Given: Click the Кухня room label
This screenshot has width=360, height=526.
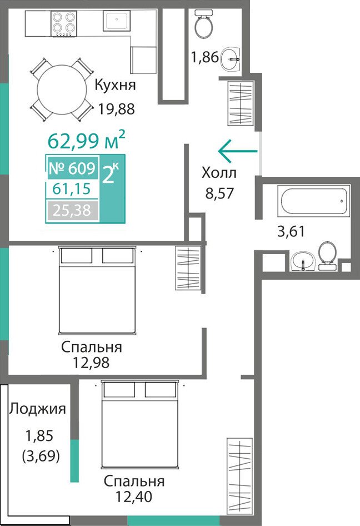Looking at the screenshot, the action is pos(116,85).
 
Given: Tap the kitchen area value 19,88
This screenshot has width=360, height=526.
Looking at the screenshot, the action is pos(116,108).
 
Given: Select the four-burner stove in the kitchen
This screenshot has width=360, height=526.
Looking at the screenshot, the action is pos(64,23).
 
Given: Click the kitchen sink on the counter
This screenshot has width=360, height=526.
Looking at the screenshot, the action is pos(116,21).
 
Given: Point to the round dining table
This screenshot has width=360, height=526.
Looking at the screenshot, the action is pos(62,90).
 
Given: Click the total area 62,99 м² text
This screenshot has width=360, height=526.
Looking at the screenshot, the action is pos(87,140).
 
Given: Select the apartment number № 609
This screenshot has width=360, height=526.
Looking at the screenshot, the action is pos(72,168).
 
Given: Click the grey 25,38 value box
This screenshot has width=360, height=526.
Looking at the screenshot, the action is pos(72,211).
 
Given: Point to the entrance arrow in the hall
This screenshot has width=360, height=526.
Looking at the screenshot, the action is pos(238,151).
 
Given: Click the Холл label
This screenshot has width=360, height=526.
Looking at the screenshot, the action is pos(219,173).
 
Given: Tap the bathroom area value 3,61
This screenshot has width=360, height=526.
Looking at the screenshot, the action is pos(291,231).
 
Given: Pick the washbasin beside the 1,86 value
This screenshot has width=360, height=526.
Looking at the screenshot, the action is pos(230,59).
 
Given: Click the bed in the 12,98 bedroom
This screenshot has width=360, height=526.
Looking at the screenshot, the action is pos(98,290).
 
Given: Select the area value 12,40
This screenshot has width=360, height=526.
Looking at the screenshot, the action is pos(134,496).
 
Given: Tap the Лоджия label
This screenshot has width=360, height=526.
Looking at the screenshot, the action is pos(38,409).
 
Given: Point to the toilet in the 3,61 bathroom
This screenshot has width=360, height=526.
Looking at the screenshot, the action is pos(327,256).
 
